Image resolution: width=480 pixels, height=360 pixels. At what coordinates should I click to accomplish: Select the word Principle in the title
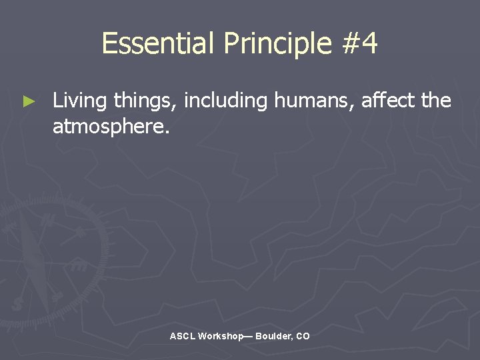[277, 44]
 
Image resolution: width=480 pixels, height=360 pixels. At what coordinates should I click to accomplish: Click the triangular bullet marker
[27, 102]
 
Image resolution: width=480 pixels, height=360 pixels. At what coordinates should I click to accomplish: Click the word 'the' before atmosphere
[437, 101]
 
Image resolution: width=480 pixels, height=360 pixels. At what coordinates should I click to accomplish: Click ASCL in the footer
[182, 337]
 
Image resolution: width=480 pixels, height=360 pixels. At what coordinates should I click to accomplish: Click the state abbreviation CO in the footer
[303, 337]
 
